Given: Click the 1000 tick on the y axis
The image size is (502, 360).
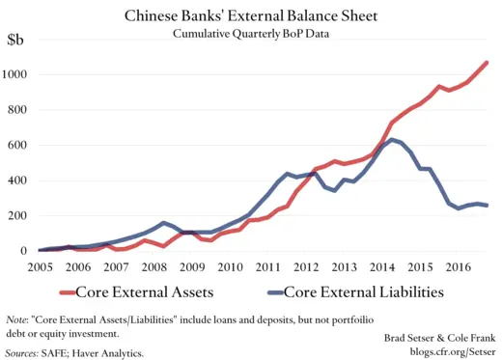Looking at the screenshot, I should pos(14,75).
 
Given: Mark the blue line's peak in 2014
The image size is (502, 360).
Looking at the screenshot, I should pos(390,140).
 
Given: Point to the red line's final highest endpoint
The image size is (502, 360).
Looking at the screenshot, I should pos(488,63).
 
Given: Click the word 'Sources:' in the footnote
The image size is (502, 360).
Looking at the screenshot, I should pos(22,353).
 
